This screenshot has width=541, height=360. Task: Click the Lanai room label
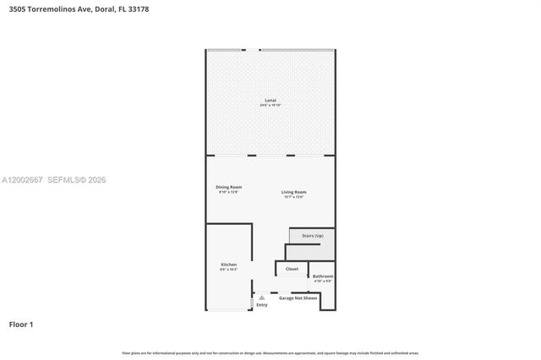coord(270,101)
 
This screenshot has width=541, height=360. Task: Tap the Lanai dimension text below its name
coord(270,106)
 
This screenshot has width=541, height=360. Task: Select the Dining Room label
coord(229,187)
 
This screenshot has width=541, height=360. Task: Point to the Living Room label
coord(294,192)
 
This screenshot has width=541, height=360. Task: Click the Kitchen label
coord(228,264)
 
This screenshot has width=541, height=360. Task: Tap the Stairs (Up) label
coord(311,236)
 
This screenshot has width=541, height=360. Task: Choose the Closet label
coord(292,269)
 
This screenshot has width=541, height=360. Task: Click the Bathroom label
coord(323,275)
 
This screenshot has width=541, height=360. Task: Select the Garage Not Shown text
coord(298,297)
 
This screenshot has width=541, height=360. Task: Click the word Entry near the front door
coord(262,305)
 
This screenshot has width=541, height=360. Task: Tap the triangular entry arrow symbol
coord(262,298)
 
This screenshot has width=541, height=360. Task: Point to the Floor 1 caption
coord(21,324)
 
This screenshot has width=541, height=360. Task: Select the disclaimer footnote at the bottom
coord(270,352)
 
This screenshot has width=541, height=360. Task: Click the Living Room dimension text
coord(294,197)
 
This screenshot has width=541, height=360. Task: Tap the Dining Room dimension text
coord(229,192)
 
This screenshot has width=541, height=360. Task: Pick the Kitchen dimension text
coord(228,269)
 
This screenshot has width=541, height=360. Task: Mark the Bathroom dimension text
coord(323,281)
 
